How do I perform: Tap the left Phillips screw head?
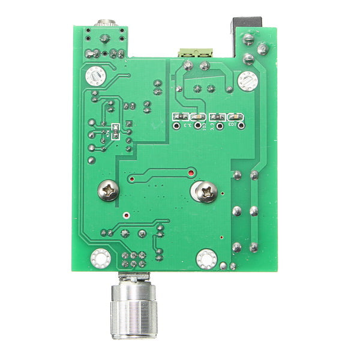(109, 191)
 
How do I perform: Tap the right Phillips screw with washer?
(205, 192)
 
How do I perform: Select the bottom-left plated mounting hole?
(100, 258)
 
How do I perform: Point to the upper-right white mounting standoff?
(247, 81)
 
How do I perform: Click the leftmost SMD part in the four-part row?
(176, 117)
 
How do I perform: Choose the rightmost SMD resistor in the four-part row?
(238, 118)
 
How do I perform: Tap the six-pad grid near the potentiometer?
(134, 259)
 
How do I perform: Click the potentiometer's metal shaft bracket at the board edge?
(133, 277)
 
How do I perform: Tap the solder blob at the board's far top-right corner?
(262, 48)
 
